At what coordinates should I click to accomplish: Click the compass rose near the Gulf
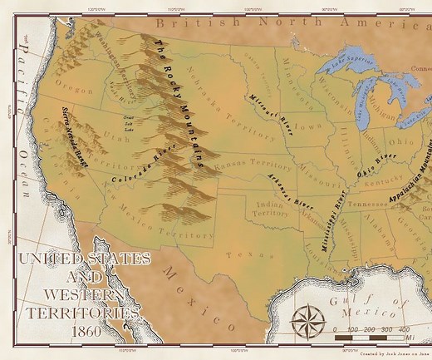coord(308,318)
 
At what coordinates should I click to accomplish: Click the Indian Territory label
coord(270,208)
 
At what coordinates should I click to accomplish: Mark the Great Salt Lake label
coord(127,123)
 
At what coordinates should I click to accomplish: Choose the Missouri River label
coord(268,111)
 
